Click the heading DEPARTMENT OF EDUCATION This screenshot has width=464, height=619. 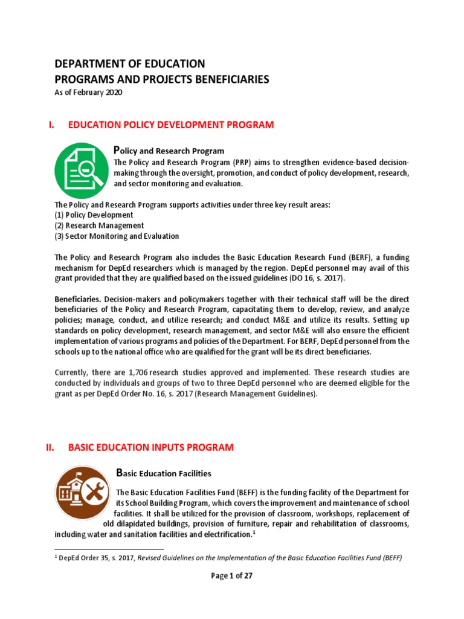(130, 63)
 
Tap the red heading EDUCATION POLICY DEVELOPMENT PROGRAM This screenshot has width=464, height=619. (171, 125)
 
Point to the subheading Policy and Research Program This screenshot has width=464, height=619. (169, 151)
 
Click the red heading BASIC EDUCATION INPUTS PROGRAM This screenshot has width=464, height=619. (150, 447)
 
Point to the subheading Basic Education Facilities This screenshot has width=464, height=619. (163, 472)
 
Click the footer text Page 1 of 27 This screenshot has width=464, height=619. (231, 576)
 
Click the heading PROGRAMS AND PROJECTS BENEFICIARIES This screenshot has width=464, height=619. (162, 79)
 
